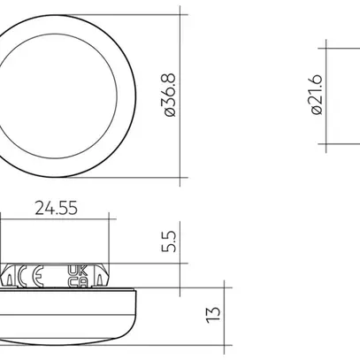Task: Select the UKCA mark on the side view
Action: (75, 275)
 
